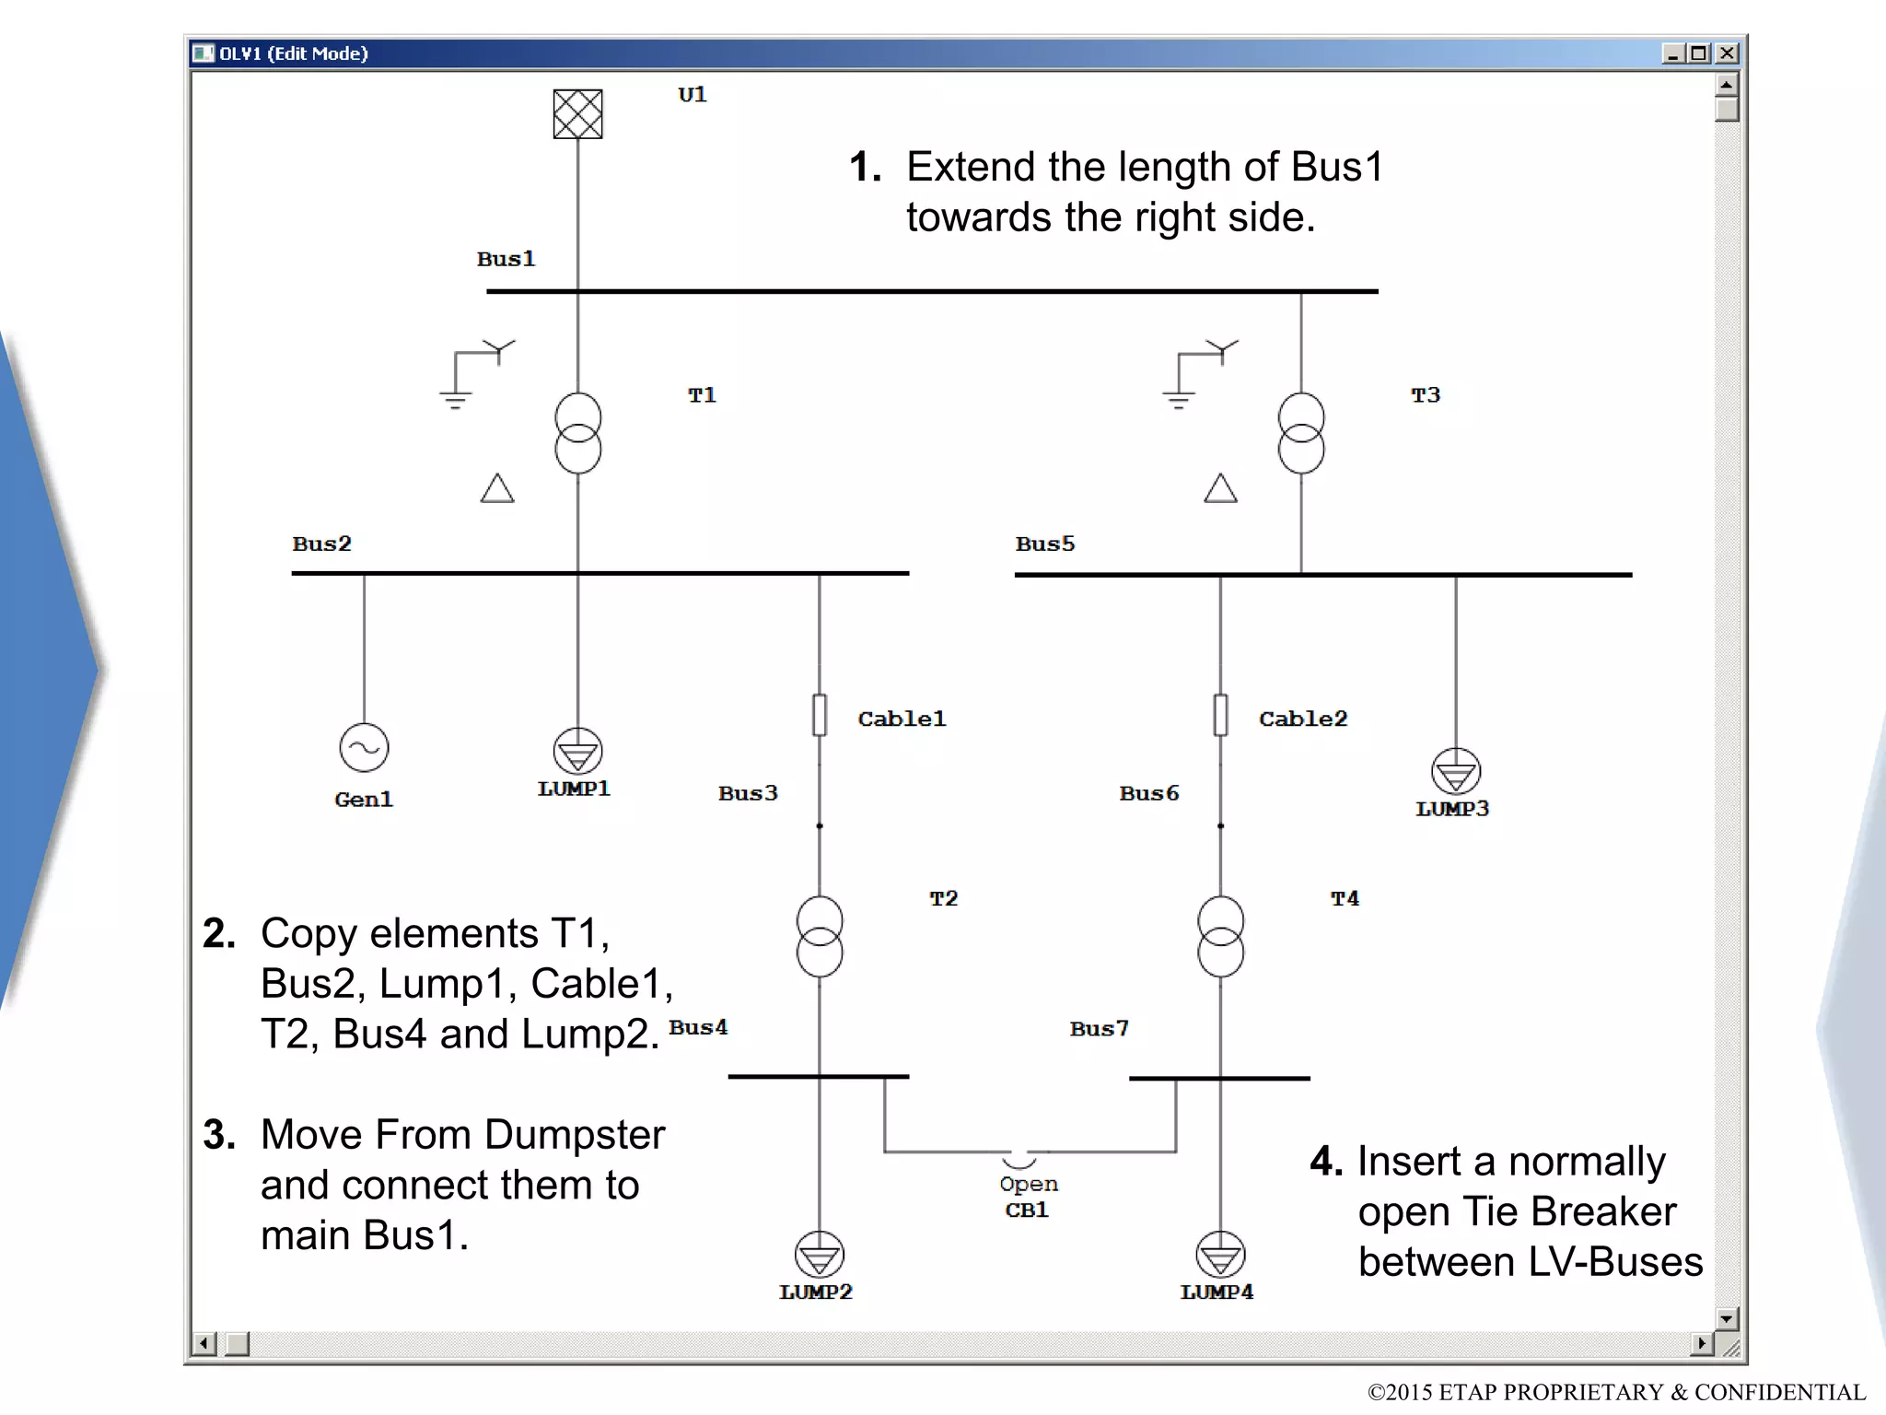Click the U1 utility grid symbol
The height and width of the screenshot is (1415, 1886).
(577, 114)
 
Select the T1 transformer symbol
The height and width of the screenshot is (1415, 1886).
(577, 433)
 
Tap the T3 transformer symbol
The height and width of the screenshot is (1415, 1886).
(1300, 433)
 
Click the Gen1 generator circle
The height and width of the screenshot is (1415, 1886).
(364, 747)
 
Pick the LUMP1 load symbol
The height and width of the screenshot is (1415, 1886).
(577, 751)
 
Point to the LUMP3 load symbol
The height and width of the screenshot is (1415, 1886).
(1455, 772)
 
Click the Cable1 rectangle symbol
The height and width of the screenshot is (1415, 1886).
(819, 715)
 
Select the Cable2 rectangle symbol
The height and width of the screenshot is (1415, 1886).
(1220, 715)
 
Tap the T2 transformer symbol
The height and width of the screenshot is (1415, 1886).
(819, 936)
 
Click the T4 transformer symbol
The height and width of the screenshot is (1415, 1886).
(1220, 936)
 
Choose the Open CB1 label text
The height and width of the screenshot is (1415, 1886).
(1028, 1197)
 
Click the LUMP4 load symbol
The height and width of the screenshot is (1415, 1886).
(1220, 1255)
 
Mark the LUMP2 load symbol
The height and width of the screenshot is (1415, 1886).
(819, 1255)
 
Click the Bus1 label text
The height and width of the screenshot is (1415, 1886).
(506, 259)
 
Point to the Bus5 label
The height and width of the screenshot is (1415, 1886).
(1044, 544)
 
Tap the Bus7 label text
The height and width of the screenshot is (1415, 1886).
(1099, 1028)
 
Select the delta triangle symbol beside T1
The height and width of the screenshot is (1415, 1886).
(497, 489)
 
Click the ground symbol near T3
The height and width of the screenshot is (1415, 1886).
(1178, 399)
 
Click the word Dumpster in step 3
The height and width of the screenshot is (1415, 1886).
(575, 1135)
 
